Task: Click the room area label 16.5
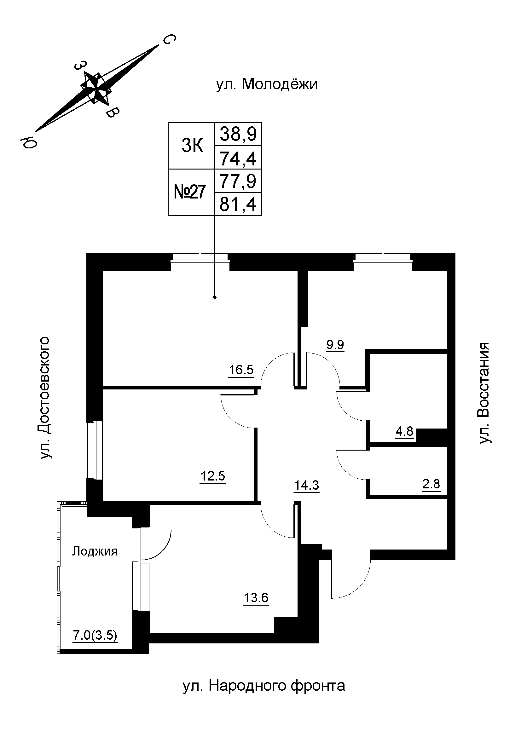click(x=241, y=370)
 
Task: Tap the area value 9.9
click(x=335, y=345)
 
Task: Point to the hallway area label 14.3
click(x=307, y=486)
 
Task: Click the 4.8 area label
click(x=404, y=431)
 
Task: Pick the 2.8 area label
click(x=431, y=484)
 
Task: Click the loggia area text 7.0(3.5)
click(x=95, y=635)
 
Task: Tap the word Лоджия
click(x=94, y=551)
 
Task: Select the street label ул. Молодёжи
click(x=267, y=84)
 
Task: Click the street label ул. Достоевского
click(x=45, y=398)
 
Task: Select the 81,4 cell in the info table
click(x=238, y=204)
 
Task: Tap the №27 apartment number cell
click(x=190, y=192)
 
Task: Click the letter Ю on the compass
click(x=28, y=141)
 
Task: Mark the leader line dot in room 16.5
click(x=215, y=297)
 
